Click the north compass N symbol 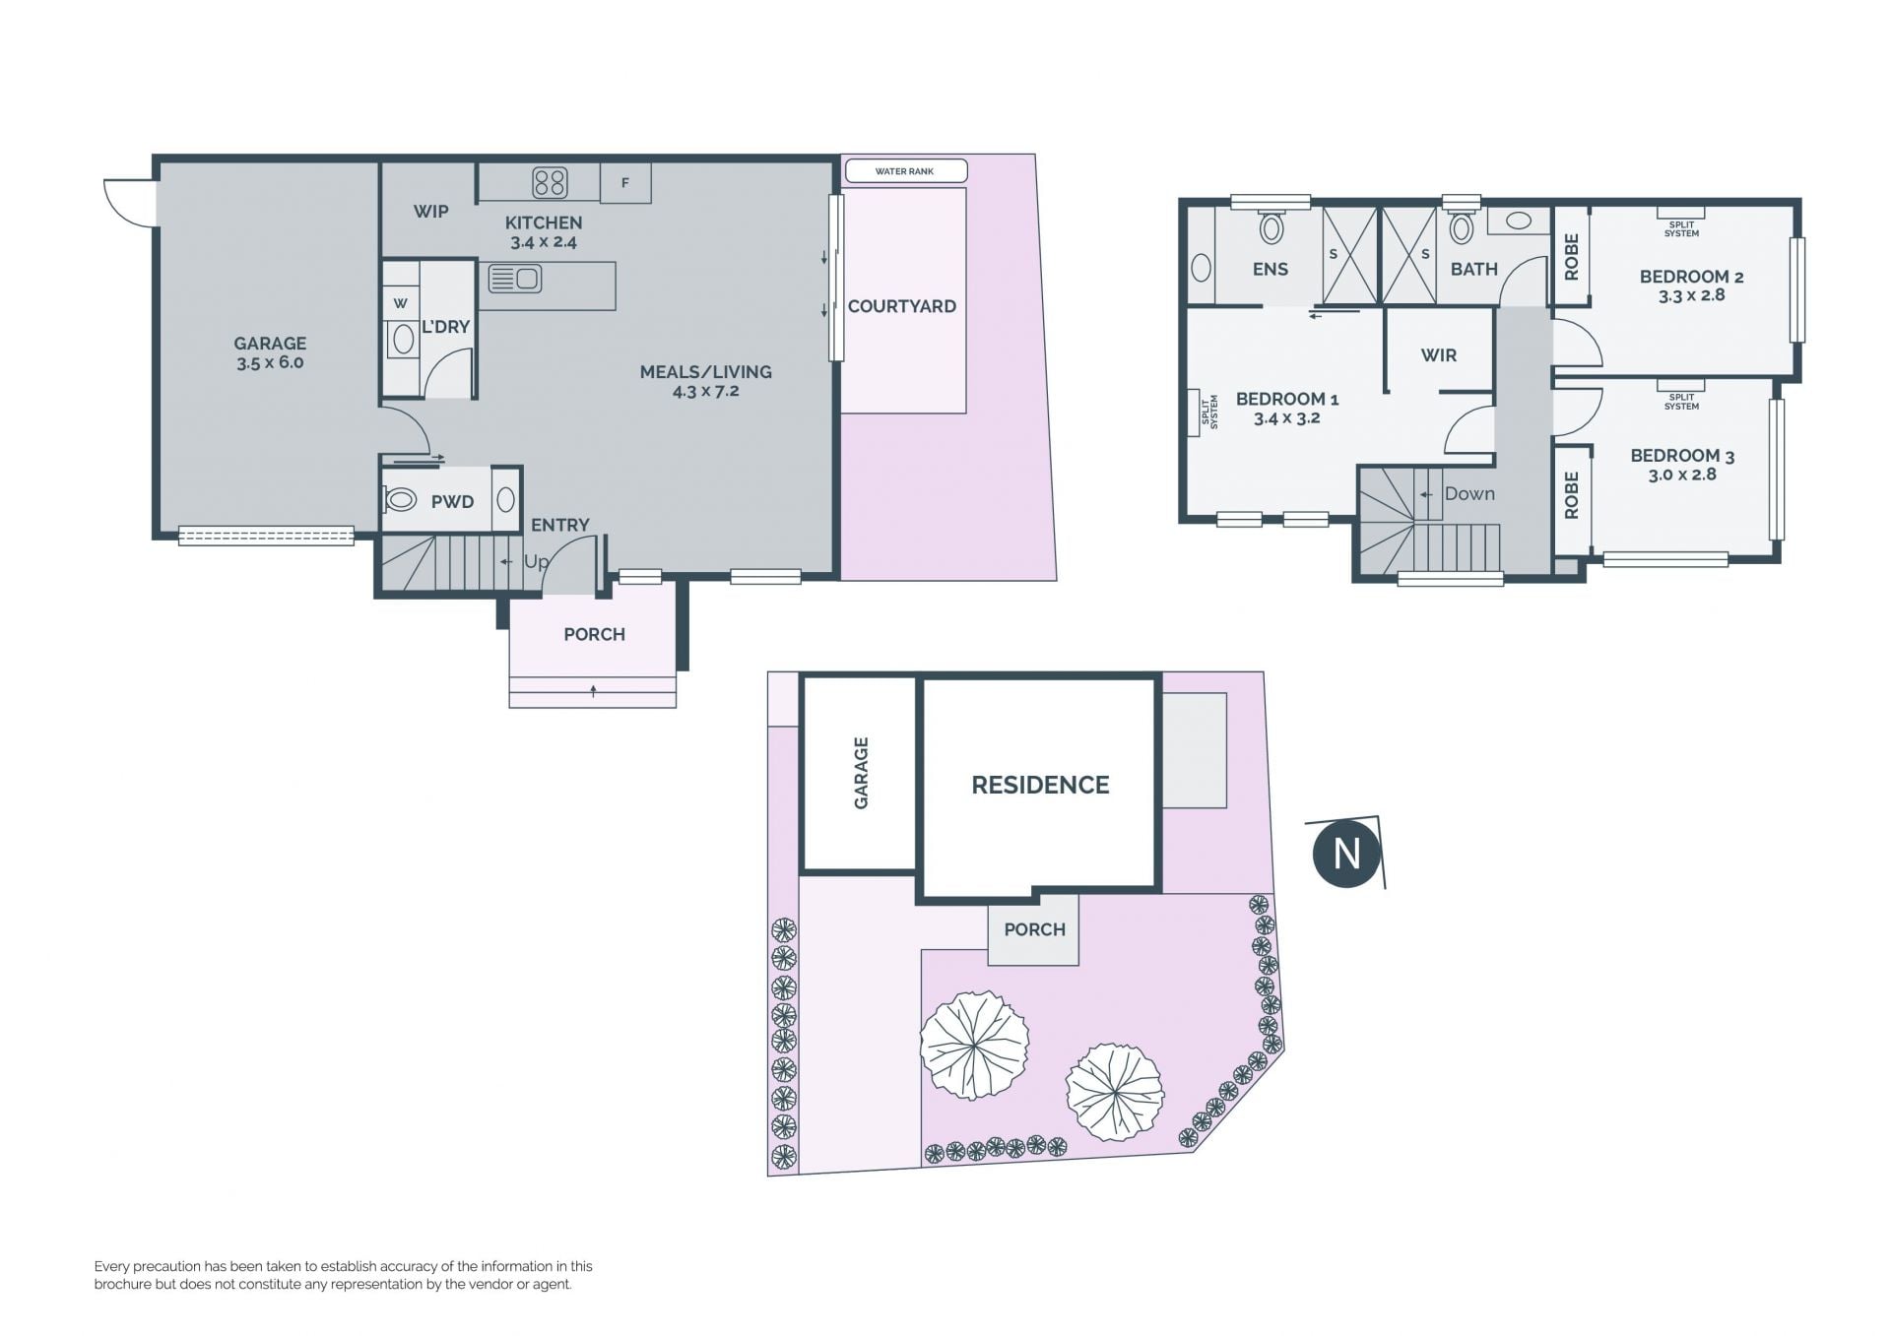1346,853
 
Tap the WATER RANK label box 906,171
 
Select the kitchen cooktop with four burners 550,182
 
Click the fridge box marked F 625,183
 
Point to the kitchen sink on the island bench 515,280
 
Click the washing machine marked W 401,303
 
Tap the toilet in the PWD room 400,500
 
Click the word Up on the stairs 536,561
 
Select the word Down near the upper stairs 1469,494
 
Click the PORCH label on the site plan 1034,929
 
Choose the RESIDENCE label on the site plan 1040,785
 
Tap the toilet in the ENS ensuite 1272,227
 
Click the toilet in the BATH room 1462,227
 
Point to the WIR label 1438,355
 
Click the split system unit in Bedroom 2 1681,213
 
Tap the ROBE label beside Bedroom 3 1572,495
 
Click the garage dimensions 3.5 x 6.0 270,362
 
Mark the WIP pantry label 430,211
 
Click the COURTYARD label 902,306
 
